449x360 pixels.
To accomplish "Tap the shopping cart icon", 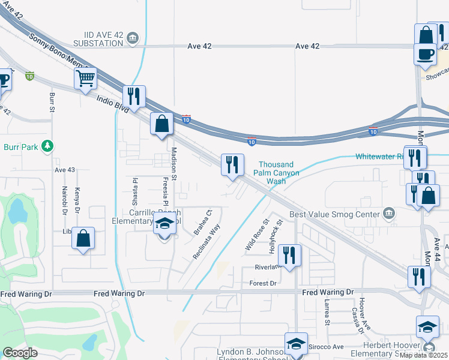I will tap(86, 78).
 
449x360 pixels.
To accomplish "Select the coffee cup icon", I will tap(425, 54).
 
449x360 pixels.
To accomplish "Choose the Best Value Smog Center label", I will tap(335, 214).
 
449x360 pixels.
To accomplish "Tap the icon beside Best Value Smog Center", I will tap(389, 214).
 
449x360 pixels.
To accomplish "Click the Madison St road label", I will tap(173, 164).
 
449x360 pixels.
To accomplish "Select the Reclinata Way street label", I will tap(206, 241).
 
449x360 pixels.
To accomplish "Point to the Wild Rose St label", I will tap(255, 235).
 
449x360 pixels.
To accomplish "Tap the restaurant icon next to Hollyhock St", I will tap(289, 255).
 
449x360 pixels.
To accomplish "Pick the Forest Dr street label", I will tap(264, 283).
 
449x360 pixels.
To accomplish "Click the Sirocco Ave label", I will tap(326, 347).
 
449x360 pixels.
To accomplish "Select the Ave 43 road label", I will tap(64, 170).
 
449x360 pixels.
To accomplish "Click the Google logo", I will tap(20, 353).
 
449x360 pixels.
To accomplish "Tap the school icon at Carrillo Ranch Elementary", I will tap(163, 226).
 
